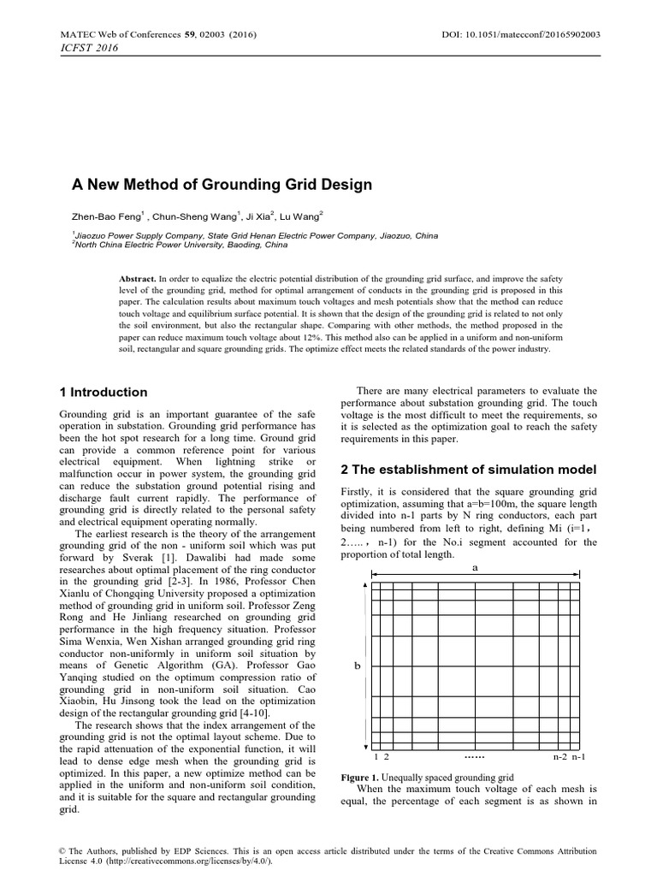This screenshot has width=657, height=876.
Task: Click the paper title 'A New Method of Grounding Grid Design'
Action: pyautogui.click(x=221, y=184)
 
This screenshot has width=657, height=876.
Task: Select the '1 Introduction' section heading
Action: pyautogui.click(x=103, y=393)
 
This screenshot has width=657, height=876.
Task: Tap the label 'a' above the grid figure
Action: pyautogui.click(x=473, y=567)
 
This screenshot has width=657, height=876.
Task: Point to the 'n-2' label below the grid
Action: pyautogui.click(x=560, y=757)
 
